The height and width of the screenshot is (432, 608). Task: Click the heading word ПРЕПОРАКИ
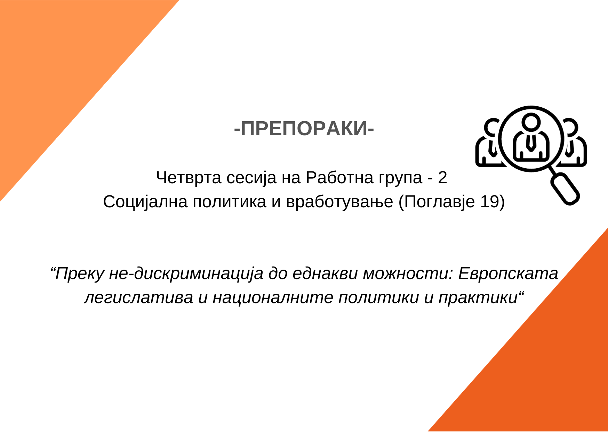click(304, 129)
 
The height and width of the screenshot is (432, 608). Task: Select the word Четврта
click(189, 178)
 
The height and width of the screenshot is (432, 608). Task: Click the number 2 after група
click(442, 178)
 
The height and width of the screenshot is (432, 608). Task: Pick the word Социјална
click(145, 202)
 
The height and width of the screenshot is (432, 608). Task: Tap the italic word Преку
click(80, 273)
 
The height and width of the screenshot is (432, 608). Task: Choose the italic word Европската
click(508, 273)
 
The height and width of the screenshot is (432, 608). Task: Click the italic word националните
click(273, 298)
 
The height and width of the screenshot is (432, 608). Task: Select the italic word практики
click(478, 298)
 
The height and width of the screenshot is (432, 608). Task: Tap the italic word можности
click(408, 273)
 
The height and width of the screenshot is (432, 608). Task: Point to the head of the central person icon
click(531, 122)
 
